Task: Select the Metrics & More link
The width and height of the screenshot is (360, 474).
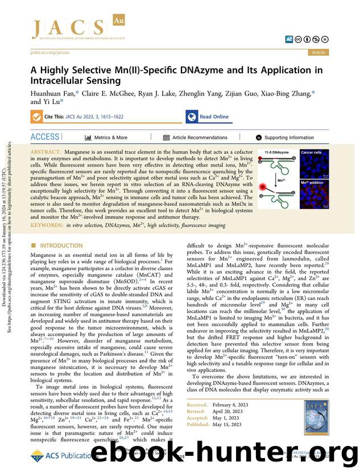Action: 106,138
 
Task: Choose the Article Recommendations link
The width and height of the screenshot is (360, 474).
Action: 195,138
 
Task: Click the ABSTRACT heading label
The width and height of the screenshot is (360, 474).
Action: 45,153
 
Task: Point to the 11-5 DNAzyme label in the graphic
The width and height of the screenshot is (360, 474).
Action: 276,153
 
